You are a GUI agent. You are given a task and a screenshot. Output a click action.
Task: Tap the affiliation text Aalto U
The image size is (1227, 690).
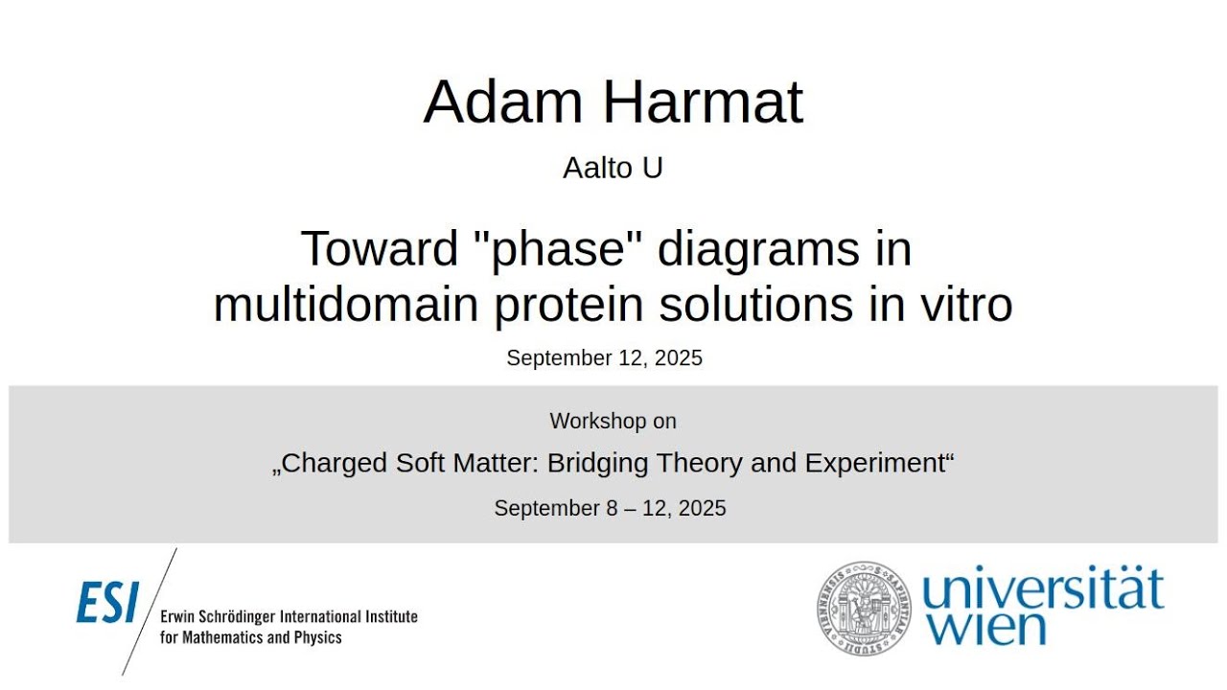point(613,168)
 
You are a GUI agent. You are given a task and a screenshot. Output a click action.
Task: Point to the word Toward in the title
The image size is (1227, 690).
point(380,249)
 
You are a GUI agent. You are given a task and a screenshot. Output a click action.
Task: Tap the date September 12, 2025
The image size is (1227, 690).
point(604,358)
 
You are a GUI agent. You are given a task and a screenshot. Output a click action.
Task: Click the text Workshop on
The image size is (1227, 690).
point(613,421)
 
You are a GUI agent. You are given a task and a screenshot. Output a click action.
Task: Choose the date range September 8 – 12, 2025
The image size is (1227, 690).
point(610,509)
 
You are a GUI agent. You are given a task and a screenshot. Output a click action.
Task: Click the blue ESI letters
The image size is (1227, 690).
point(107,604)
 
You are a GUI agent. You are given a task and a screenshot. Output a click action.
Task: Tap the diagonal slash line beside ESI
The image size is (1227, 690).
point(150,611)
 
